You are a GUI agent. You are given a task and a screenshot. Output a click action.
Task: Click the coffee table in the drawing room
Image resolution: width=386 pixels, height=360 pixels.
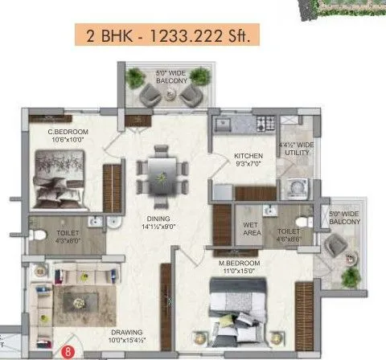78,304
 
